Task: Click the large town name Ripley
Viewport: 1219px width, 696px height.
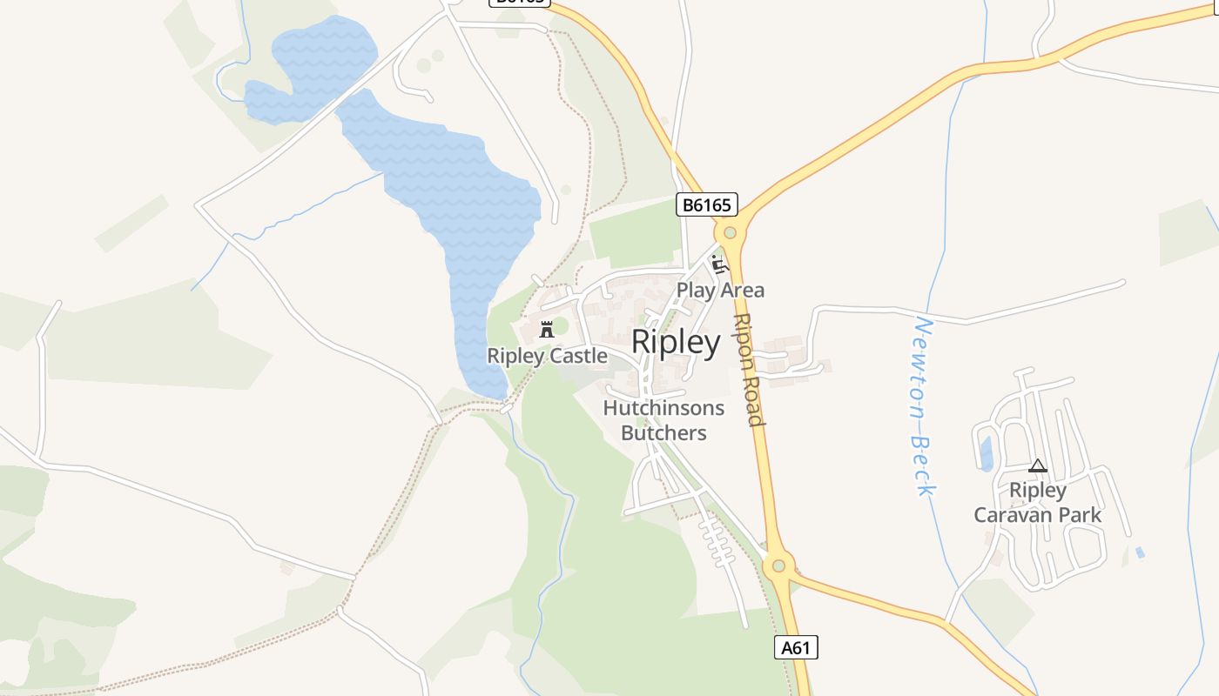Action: [676, 342]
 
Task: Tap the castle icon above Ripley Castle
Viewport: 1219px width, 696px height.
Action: [547, 330]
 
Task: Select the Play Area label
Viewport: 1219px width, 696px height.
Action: [720, 290]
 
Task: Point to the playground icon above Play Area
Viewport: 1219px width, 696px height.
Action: [719, 264]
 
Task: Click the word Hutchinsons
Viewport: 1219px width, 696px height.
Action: [663, 408]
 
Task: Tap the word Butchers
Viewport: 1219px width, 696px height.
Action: [663, 432]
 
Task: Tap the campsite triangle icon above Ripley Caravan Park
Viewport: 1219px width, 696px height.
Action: [1037, 466]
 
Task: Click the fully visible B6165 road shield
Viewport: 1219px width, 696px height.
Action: [707, 205]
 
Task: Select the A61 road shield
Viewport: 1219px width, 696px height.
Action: [796, 646]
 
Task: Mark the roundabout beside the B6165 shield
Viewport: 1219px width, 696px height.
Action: [730, 232]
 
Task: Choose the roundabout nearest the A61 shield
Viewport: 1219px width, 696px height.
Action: [778, 565]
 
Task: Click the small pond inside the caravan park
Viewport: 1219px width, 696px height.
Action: [986, 453]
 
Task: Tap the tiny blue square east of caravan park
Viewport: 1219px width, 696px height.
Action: [1140, 552]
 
